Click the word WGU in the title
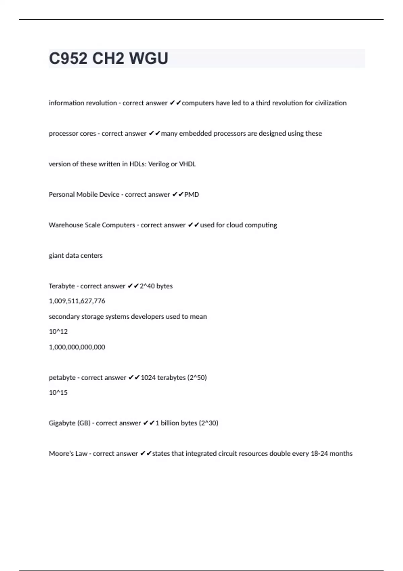tap(148, 58)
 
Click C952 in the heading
tap(68, 58)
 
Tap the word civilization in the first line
tap(330, 103)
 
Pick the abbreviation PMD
tap(191, 194)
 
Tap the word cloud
tap(234, 225)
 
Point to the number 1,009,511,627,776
tap(77, 301)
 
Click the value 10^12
tap(58, 332)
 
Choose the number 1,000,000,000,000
tap(77, 347)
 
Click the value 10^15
tap(58, 392)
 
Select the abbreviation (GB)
tap(84, 423)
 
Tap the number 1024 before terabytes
tap(148, 378)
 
